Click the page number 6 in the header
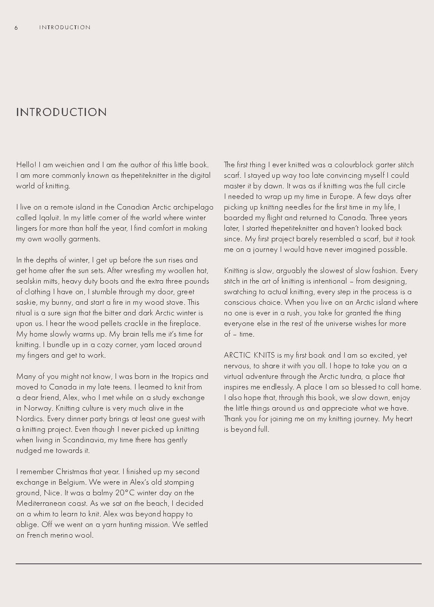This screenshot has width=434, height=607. tap(16, 28)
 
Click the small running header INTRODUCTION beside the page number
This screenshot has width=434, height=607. tap(65, 28)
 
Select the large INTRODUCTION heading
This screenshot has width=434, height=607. tap(61, 112)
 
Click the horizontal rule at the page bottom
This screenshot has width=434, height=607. tap(218, 564)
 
